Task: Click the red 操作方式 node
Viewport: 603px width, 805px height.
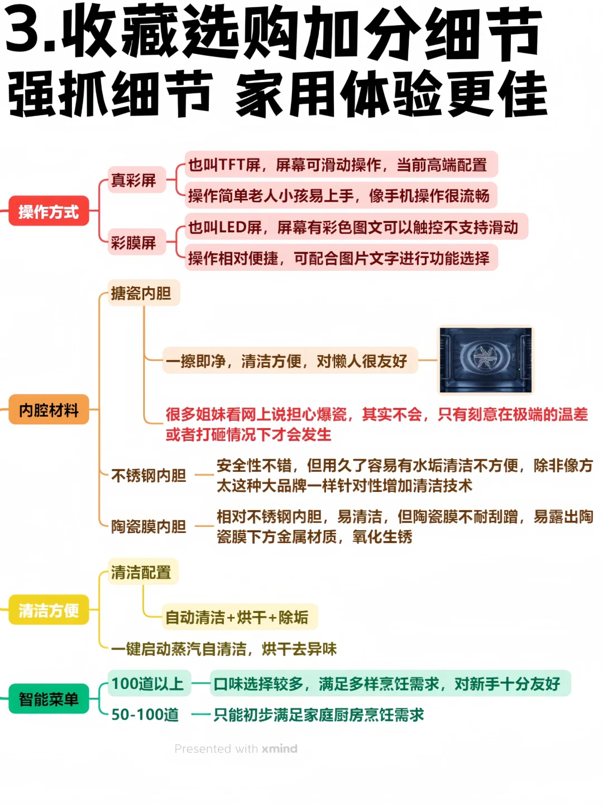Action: [x=49, y=211]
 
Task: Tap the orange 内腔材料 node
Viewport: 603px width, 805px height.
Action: [x=49, y=410]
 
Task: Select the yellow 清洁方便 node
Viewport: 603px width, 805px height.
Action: [x=49, y=610]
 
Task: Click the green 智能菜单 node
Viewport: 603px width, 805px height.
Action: [x=49, y=699]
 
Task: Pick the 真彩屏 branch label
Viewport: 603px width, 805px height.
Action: [x=134, y=180]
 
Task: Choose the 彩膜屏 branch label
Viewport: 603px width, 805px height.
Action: [x=134, y=242]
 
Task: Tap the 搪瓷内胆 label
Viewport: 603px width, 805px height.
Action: [x=141, y=293]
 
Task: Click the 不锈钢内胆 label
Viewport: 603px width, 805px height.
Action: [x=149, y=475]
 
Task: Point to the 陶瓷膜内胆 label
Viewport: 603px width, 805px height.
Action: [x=149, y=526]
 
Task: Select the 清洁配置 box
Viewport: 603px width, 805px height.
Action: [x=141, y=572]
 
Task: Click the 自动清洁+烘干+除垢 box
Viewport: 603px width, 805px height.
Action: [x=237, y=617]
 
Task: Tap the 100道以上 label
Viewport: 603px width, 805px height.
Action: [x=148, y=683]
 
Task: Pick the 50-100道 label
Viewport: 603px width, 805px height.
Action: [x=145, y=715]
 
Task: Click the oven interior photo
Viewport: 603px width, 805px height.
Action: [x=485, y=360]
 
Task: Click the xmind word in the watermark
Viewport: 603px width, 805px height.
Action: [x=280, y=749]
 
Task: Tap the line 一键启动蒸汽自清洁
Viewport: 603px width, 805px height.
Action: [x=223, y=649]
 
